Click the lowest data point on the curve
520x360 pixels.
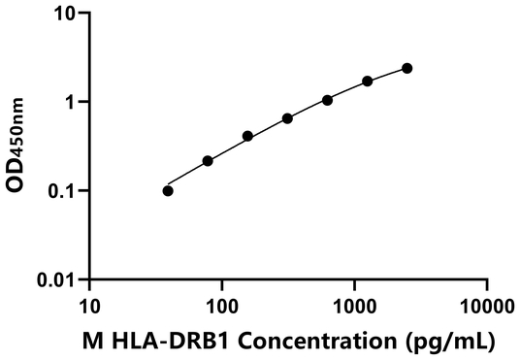coord(168,190)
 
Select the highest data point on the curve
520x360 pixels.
coord(406,68)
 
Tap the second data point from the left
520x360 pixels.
coord(208,160)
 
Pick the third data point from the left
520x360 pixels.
coord(247,136)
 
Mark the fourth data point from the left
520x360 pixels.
coord(287,118)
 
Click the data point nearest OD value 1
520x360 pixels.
coord(327,100)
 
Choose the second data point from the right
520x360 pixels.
coord(367,81)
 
